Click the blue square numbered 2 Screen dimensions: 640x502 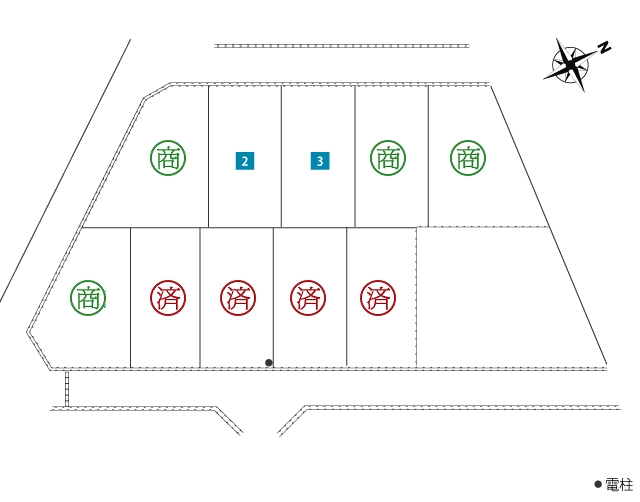(x=245, y=161)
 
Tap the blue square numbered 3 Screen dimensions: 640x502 (x=320, y=161)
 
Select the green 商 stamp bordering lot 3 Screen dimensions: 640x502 (x=388, y=158)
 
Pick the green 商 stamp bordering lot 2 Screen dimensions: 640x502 (x=168, y=158)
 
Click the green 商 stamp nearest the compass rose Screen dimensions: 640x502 (x=468, y=158)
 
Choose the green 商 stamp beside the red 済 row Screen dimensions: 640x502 (x=88, y=298)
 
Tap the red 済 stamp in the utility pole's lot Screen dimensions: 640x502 (x=238, y=298)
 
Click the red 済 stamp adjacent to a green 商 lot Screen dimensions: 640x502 (x=168, y=298)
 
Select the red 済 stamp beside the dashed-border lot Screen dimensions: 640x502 (x=378, y=298)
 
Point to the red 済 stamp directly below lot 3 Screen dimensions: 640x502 (x=308, y=298)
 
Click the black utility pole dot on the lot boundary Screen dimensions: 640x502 (x=269, y=362)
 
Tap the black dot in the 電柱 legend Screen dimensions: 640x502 (x=598, y=484)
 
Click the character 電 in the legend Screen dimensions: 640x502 (x=612, y=485)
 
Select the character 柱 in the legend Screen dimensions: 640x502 (x=626, y=485)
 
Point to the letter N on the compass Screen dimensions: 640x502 (x=604, y=47)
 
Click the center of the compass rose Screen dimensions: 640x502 (x=570, y=64)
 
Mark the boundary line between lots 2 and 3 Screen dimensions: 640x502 (x=281, y=156)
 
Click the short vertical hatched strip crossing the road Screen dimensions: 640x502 (x=67, y=389)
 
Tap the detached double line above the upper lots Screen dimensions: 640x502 (x=342, y=46)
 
